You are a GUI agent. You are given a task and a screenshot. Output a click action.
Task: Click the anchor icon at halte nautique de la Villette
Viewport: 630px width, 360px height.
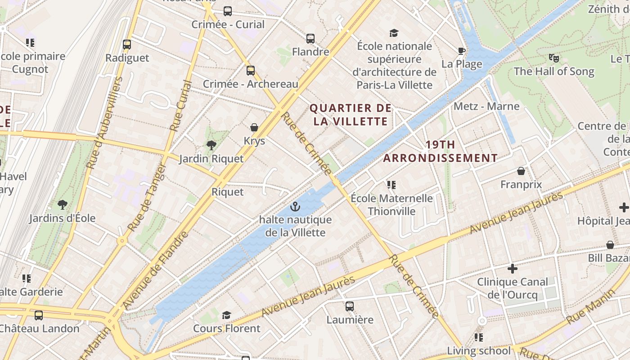click(x=295, y=207)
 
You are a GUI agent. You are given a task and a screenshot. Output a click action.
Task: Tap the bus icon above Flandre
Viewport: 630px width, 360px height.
click(x=310, y=38)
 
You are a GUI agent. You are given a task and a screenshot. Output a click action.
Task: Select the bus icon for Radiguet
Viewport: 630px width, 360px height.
click(x=127, y=45)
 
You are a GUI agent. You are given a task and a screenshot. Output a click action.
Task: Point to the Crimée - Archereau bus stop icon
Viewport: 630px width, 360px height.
click(x=251, y=71)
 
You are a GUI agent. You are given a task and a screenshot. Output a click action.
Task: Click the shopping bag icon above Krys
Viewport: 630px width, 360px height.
click(x=254, y=127)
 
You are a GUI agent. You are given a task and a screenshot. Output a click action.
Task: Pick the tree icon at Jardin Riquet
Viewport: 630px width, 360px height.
click(x=211, y=145)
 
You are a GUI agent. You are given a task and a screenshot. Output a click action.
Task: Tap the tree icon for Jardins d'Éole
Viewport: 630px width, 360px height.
click(x=63, y=205)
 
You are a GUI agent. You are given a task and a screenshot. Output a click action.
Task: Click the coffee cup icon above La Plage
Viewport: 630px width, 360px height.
click(x=461, y=51)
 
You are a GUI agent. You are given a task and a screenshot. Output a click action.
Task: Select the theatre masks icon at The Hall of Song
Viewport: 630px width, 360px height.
click(x=553, y=58)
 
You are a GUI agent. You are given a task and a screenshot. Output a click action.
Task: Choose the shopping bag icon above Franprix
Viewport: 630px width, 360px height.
click(x=521, y=171)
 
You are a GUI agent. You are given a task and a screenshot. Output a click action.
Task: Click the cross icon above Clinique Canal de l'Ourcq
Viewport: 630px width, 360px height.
click(x=512, y=269)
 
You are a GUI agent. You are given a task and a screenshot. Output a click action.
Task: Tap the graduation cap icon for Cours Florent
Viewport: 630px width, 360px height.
click(x=226, y=315)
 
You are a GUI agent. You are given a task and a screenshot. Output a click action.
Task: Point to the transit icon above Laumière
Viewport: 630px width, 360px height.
click(x=350, y=306)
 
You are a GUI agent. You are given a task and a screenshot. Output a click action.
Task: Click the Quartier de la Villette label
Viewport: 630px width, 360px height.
click(x=351, y=115)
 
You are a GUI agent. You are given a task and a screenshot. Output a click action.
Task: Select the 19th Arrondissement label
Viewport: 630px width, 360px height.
click(x=440, y=151)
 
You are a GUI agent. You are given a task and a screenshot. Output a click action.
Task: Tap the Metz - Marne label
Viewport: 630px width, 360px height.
click(x=486, y=106)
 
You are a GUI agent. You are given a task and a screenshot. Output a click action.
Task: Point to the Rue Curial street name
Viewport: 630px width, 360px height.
click(x=181, y=106)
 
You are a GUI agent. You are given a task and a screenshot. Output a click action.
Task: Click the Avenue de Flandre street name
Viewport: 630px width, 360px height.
click(x=156, y=270)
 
